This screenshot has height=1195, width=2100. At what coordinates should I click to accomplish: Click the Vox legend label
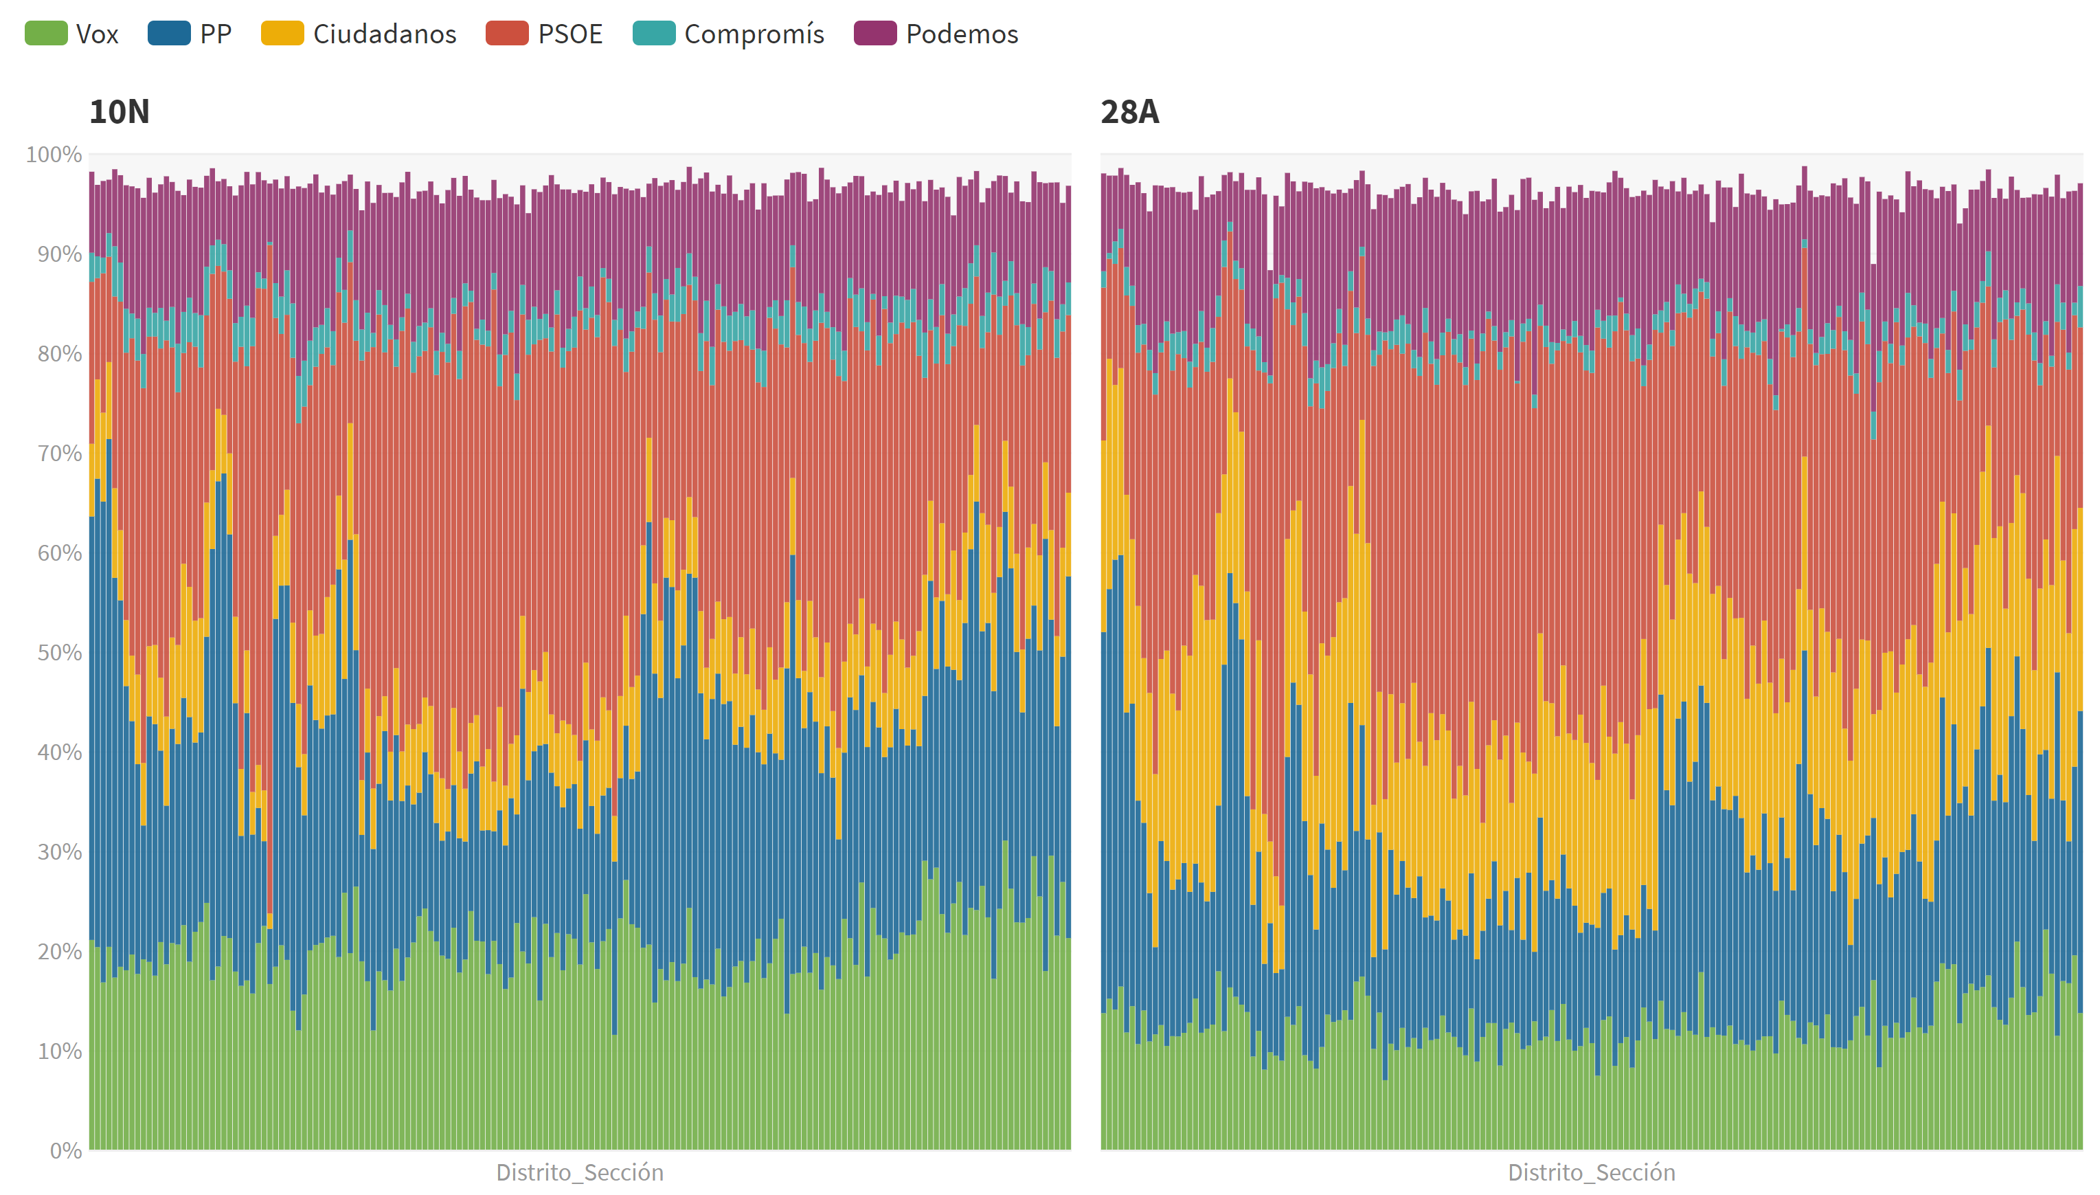(x=97, y=34)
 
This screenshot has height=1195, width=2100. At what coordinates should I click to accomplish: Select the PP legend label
(x=216, y=34)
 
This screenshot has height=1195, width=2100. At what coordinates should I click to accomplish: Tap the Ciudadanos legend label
(x=384, y=34)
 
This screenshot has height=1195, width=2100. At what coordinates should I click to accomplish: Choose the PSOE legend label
(x=570, y=34)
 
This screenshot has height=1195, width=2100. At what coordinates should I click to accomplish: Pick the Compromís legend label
(x=754, y=34)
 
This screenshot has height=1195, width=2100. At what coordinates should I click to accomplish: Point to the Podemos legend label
(x=962, y=34)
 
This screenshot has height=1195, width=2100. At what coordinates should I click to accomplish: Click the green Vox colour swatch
(x=46, y=34)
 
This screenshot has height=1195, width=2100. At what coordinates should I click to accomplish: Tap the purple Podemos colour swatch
(x=874, y=34)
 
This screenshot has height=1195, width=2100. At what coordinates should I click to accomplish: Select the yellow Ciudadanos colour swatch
(x=282, y=34)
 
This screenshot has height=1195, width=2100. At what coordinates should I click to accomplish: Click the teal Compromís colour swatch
(x=654, y=34)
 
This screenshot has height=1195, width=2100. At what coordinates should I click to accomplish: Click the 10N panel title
(x=119, y=111)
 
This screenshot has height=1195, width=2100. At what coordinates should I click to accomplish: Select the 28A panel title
(x=1129, y=111)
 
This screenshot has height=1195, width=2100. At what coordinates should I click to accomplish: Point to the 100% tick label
(x=54, y=155)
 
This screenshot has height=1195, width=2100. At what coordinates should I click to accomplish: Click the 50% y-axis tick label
(x=59, y=653)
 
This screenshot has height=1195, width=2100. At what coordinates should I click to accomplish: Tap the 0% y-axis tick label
(x=66, y=1151)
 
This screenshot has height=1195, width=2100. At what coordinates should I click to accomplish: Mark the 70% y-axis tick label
(x=59, y=453)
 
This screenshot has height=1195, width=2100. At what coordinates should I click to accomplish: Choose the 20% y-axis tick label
(x=59, y=951)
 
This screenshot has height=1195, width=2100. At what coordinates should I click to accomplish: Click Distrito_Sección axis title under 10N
(x=579, y=1172)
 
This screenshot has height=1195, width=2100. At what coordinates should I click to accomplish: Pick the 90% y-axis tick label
(x=59, y=254)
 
